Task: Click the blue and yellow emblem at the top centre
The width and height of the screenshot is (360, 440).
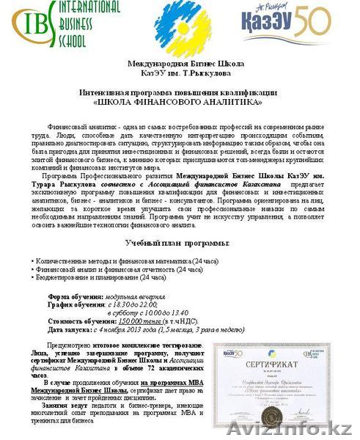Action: [179, 28]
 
